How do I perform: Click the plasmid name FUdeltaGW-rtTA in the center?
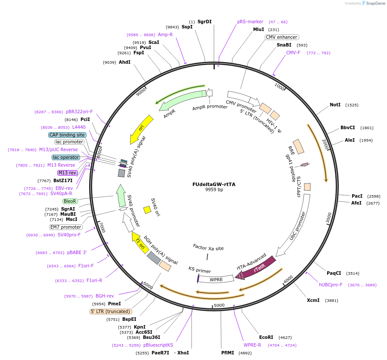coord(214,184)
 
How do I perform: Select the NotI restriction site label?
coord(335,105)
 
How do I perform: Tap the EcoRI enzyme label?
coord(266,337)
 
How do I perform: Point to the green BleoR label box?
coord(70,201)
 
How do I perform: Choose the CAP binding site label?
coord(67,135)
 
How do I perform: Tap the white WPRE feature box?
coord(216,279)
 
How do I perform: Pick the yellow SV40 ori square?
coord(147,210)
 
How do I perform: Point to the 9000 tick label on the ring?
coord(141,92)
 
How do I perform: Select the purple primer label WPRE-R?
coord(252,345)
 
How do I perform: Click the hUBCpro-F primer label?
coord(331,285)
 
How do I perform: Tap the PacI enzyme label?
coord(357,196)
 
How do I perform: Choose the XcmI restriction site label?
coord(313,300)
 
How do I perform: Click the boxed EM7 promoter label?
coord(66,227)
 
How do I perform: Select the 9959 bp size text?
coord(214,189)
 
